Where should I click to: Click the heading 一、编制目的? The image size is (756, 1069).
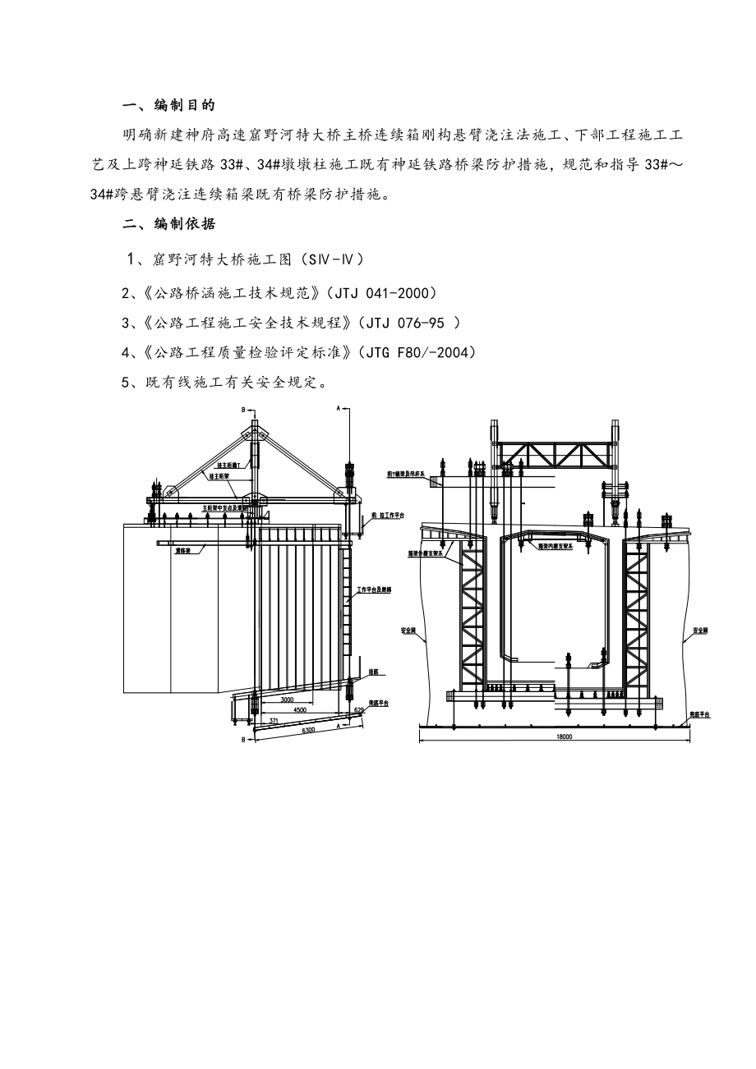pyautogui.click(x=168, y=104)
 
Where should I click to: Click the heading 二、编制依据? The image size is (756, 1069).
pyautogui.click(x=168, y=224)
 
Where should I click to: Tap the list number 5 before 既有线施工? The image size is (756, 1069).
pyautogui.click(x=126, y=382)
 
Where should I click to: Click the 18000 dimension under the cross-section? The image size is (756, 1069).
pyautogui.click(x=563, y=736)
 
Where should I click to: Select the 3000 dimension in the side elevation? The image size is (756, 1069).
pyautogui.click(x=287, y=700)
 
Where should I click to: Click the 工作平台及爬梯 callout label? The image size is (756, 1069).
pyautogui.click(x=373, y=590)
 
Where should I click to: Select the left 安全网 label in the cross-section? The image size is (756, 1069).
pyautogui.click(x=408, y=631)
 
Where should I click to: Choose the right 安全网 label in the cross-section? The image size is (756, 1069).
pyautogui.click(x=700, y=631)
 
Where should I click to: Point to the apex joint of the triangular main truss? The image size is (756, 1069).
pyautogui.click(x=254, y=430)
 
